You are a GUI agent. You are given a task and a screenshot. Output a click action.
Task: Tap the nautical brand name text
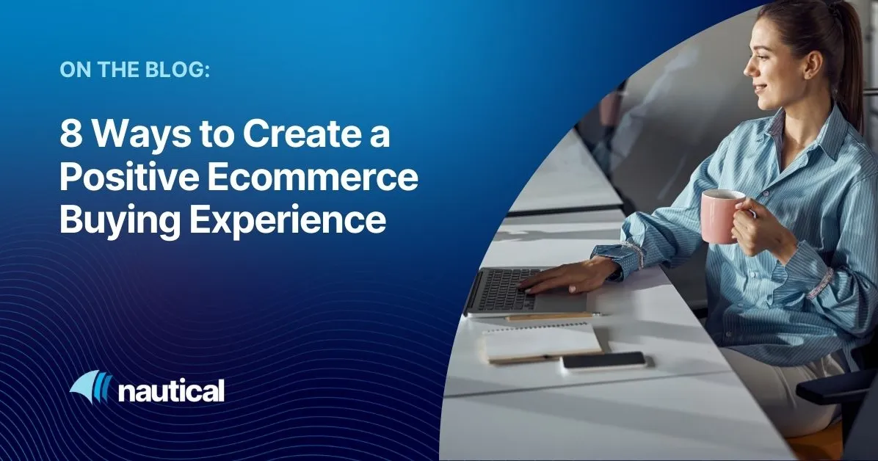click(x=170, y=391)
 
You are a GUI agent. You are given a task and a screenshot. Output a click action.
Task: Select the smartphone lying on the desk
click(x=603, y=360)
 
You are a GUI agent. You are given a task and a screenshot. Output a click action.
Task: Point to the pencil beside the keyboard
click(x=551, y=316)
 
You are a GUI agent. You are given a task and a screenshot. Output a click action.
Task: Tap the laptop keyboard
click(x=504, y=288)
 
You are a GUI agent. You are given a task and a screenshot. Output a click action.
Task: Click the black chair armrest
click(x=836, y=386)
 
